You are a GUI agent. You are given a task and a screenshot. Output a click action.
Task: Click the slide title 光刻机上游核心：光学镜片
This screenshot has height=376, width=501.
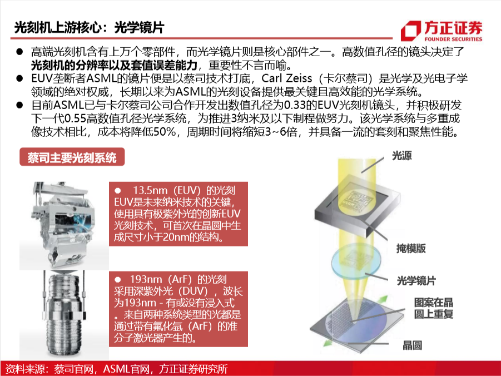(x=89, y=27)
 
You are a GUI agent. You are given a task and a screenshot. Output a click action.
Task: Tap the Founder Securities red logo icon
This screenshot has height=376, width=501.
(x=411, y=31)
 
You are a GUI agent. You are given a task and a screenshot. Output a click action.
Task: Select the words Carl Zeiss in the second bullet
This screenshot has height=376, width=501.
(x=286, y=78)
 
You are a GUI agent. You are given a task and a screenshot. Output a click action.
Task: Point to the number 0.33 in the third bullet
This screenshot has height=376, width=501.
(x=295, y=105)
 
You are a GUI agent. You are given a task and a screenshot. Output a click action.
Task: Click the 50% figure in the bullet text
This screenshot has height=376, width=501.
(x=165, y=132)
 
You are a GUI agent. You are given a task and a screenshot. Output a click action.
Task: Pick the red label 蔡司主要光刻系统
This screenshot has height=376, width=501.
(x=72, y=157)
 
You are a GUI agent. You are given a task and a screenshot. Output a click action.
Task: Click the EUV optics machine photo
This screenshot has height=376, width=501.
(x=64, y=225)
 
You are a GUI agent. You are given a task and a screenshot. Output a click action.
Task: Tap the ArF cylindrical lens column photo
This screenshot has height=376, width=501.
(x=64, y=315)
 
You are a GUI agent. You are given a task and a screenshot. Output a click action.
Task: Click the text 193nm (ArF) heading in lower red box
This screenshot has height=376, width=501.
(x=178, y=279)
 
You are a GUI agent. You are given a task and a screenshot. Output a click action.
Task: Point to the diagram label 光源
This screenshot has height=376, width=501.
(x=402, y=156)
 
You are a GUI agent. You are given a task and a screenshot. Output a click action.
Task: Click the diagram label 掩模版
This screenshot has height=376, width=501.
(x=411, y=249)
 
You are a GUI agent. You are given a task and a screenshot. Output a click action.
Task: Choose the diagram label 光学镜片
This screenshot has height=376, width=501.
(x=416, y=281)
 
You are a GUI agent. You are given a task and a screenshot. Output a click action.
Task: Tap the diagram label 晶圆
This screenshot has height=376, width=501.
(x=412, y=345)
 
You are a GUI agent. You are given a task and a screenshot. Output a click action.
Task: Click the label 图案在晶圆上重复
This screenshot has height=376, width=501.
(x=434, y=308)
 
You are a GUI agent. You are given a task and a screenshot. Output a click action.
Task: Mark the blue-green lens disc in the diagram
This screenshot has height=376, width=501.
(x=356, y=261)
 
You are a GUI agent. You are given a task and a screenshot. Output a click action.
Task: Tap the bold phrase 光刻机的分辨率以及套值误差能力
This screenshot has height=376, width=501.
(x=114, y=65)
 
